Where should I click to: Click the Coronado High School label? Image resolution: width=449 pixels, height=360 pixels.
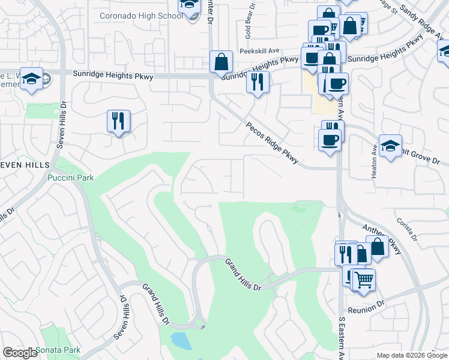(x=141, y=16)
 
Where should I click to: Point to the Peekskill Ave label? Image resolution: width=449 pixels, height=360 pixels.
(x=260, y=52)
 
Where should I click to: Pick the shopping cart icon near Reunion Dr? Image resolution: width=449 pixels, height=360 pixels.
(x=363, y=278)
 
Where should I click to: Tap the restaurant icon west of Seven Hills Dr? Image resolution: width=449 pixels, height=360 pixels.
(x=118, y=121)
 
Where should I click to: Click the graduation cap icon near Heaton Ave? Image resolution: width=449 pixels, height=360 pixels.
(x=390, y=146)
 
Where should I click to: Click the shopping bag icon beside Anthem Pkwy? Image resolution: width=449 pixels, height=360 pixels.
(x=377, y=245)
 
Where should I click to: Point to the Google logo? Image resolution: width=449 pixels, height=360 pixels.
(x=20, y=353)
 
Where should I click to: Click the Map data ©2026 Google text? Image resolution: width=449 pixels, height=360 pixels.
(x=412, y=356)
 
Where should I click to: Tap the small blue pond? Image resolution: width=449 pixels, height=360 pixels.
(x=180, y=341)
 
